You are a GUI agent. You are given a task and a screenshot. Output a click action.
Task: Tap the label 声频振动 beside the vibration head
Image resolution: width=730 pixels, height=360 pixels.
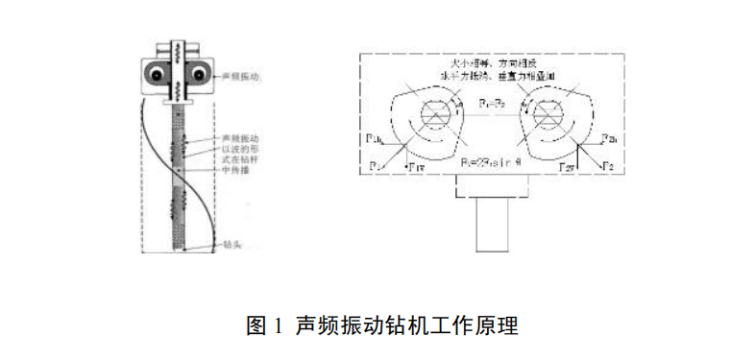(238, 75)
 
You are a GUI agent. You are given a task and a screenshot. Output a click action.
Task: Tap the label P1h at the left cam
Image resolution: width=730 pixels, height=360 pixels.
(376, 140)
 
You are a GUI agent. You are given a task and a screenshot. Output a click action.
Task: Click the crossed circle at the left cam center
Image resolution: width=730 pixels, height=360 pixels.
(439, 113)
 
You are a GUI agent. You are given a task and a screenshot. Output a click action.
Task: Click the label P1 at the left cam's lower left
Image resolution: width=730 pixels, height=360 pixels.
(376, 164)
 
